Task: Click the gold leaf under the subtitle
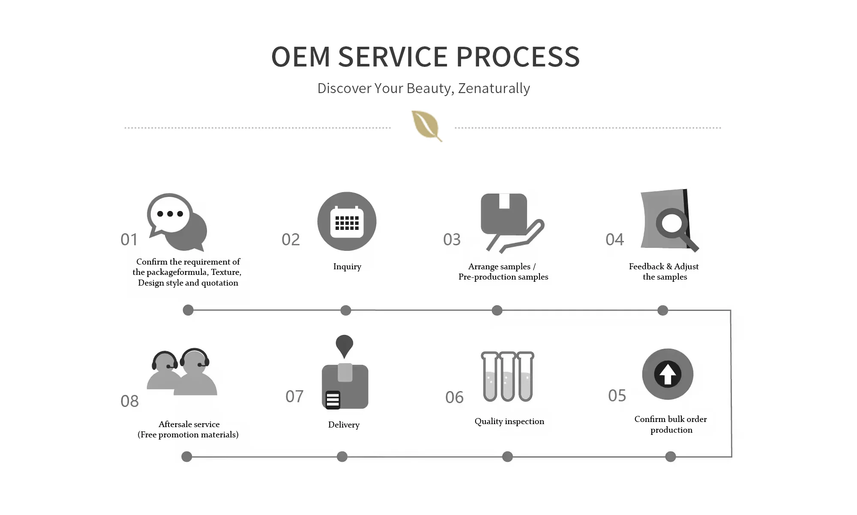pos(426,125)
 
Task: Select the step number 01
pos(129,240)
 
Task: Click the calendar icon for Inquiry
pos(347,222)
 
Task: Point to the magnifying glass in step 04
pos(673,223)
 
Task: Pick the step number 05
pos(617,396)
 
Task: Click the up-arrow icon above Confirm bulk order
pos(668,374)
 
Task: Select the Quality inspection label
pos(509,422)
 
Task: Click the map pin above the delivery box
pos(344,344)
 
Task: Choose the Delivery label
pos(344,425)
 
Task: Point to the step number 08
pos(129,401)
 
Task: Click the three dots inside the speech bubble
pos(170,214)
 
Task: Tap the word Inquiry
pos(347,267)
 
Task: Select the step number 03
pos(452,240)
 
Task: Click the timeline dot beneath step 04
pos(662,310)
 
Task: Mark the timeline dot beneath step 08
pos(187,457)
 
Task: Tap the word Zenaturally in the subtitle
pos(494,88)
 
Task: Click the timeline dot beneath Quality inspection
pos(507,457)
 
